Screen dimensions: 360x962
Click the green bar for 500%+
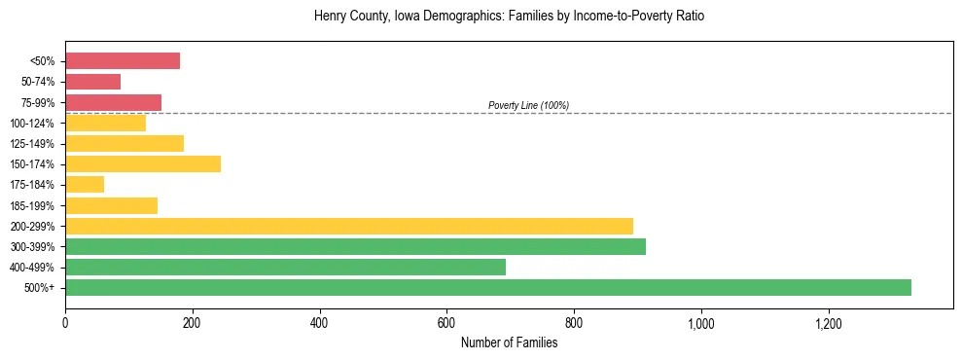[487, 287]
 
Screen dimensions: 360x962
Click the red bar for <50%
[123, 61]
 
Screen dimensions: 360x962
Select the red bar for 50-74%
[92, 82]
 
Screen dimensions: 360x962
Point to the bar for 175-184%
[85, 184]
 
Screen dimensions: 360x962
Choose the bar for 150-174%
[143, 163]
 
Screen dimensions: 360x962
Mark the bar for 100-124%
[105, 123]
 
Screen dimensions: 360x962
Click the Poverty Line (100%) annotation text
[528, 105]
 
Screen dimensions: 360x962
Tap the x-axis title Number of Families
[509, 342]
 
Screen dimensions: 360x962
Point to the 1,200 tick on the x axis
[828, 323]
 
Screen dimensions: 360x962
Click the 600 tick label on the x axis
[446, 323]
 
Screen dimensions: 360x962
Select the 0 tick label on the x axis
[65, 323]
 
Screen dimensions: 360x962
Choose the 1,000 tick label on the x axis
[700, 323]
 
